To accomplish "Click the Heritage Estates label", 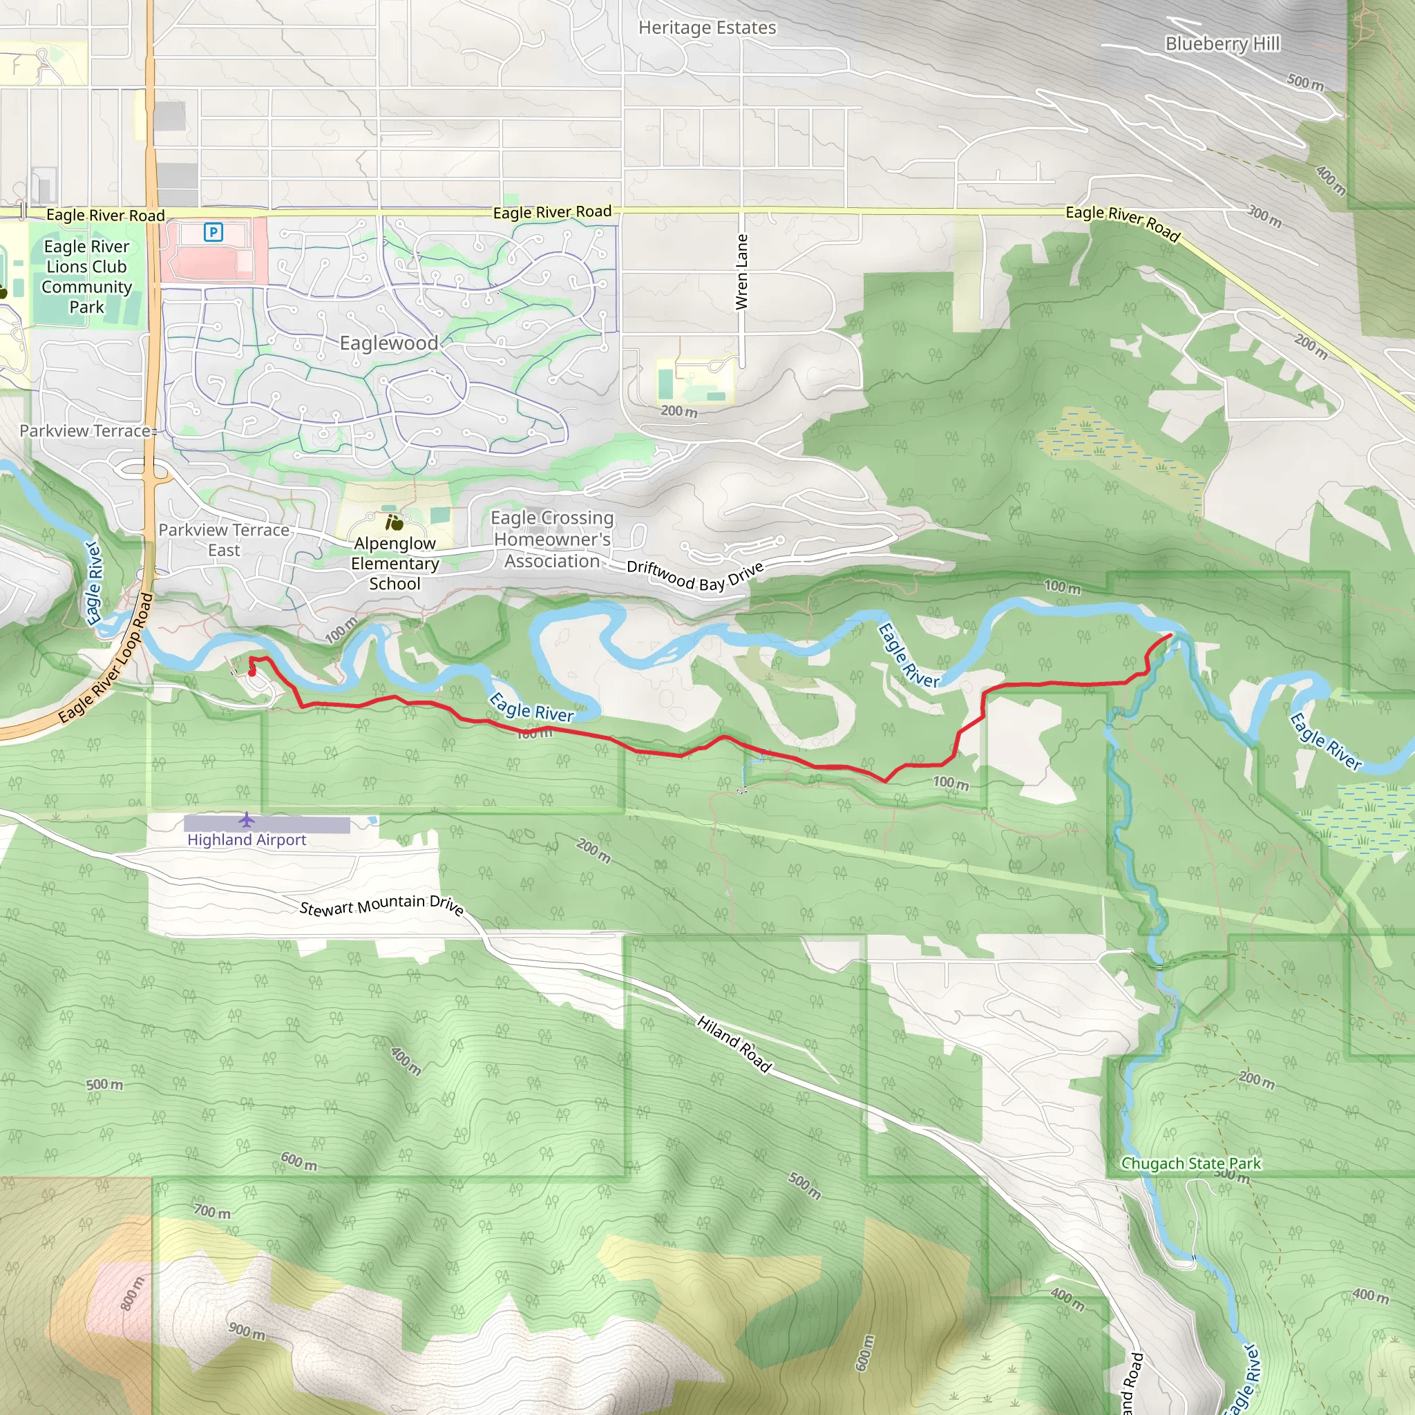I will pyautogui.click(x=707, y=28).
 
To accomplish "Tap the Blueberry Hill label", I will pyautogui.click(x=1222, y=44).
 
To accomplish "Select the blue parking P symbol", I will pyautogui.click(x=213, y=233).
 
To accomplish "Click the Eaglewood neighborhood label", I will pyautogui.click(x=389, y=343).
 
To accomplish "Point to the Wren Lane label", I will pyautogui.click(x=742, y=272).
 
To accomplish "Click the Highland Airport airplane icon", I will pyautogui.click(x=247, y=819).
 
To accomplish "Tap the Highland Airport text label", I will pyautogui.click(x=247, y=840).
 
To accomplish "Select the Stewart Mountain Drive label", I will pyautogui.click(x=381, y=906).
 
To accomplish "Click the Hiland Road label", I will pyautogui.click(x=734, y=1045).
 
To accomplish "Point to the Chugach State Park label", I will pyautogui.click(x=1191, y=1164).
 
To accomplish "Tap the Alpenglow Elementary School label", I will pyautogui.click(x=395, y=563).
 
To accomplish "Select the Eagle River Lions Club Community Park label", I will pyautogui.click(x=86, y=277).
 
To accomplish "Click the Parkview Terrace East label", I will pyautogui.click(x=223, y=540).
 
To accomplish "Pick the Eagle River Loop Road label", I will pyautogui.click(x=107, y=658).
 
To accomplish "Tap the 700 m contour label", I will pyautogui.click(x=212, y=1211).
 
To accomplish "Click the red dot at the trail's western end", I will pyautogui.click(x=252, y=672).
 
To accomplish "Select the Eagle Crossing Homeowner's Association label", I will pyautogui.click(x=552, y=540).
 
